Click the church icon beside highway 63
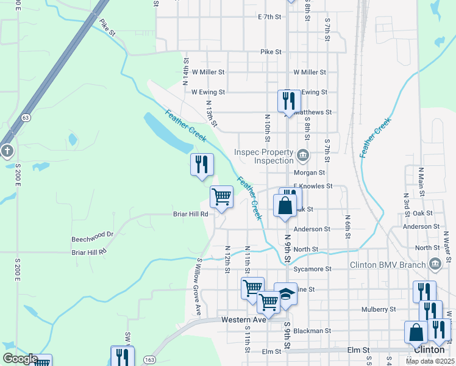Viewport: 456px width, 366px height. pyautogui.click(x=7, y=150)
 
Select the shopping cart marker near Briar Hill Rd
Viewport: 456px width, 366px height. pyautogui.click(x=221, y=197)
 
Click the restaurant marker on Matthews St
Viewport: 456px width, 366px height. pyautogui.click(x=289, y=101)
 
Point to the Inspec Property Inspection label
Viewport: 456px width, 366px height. pyautogui.click(x=265, y=156)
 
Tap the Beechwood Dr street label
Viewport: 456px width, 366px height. pyautogui.click(x=93, y=234)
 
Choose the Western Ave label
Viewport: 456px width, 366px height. pyautogui.click(x=244, y=320)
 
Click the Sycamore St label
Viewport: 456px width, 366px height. pyautogui.click(x=313, y=268)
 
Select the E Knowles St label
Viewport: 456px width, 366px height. pyautogui.click(x=313, y=186)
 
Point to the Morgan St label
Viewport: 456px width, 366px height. pyautogui.click(x=313, y=173)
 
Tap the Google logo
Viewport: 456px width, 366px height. pyautogui.click(x=20, y=359)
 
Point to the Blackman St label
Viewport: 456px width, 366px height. pyautogui.click(x=312, y=331)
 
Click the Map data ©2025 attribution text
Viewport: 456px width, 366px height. pyautogui.click(x=429, y=361)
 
